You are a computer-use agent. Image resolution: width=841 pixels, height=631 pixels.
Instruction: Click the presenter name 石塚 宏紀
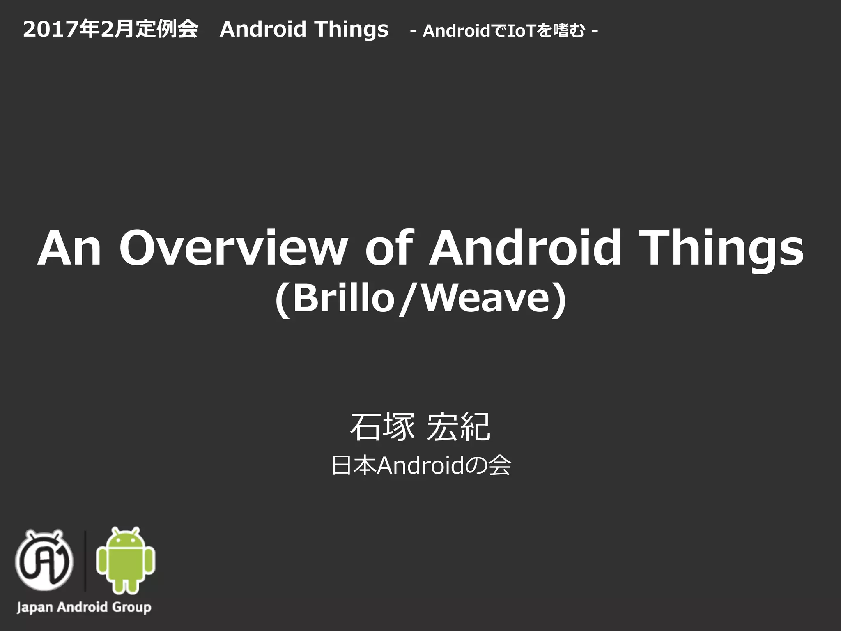[420, 427]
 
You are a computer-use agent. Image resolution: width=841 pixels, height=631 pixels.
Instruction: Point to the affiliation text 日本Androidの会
[421, 466]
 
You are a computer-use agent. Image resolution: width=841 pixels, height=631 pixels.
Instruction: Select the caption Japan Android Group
[84, 607]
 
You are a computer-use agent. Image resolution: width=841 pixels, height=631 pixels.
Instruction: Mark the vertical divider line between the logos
[85, 560]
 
